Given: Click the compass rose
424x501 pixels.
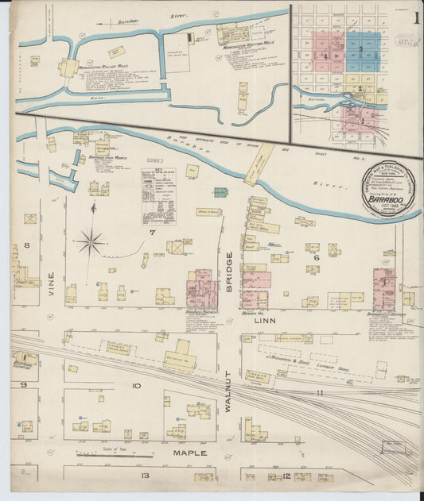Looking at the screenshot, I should click(91, 241).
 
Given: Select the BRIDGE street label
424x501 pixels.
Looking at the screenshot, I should click(229, 271).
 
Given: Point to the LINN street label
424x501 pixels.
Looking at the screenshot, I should click(263, 321).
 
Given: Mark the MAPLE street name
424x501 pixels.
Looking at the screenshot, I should click(190, 453).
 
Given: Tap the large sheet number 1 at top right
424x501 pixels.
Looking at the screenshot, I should click(417, 17).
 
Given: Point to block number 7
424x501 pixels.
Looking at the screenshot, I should click(150, 233).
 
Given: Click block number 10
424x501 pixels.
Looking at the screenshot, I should click(136, 385).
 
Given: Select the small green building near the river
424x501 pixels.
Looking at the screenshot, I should click(220, 192).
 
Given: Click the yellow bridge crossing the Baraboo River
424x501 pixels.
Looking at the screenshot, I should click(259, 164).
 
